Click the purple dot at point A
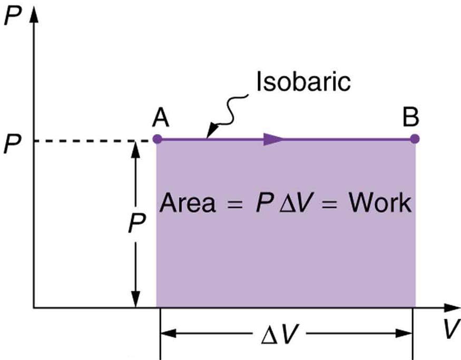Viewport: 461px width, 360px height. click(x=156, y=139)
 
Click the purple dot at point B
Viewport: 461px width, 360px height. click(x=415, y=139)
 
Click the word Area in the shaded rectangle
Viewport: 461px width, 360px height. click(x=187, y=203)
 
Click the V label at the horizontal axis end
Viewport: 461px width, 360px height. click(x=449, y=329)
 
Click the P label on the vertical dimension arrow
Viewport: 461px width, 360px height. click(x=136, y=224)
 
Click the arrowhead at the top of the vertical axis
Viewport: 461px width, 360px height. click(x=34, y=16)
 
